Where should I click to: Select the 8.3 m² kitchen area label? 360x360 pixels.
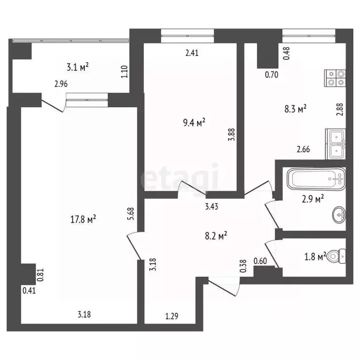[x=295, y=109]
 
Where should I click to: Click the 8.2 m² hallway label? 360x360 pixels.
[x=216, y=236]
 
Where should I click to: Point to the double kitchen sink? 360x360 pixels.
[x=336, y=143]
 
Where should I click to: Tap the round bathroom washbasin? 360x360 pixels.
[x=338, y=216]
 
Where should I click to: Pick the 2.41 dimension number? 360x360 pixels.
[x=192, y=53]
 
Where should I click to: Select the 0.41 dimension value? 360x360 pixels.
[x=29, y=290]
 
